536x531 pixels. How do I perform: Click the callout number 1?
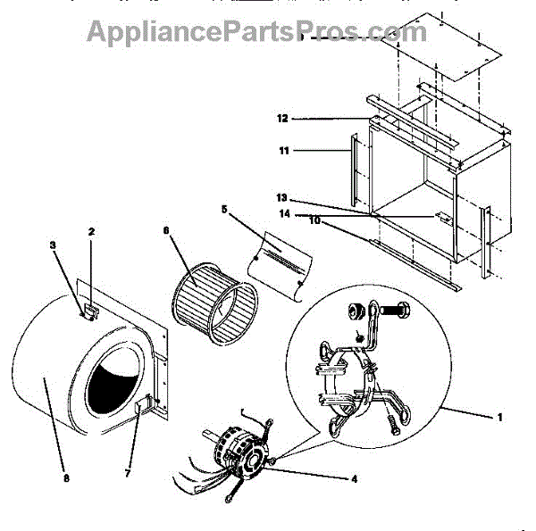(x=499, y=418)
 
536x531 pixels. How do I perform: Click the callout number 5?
(x=224, y=210)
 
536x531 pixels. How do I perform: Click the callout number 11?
(x=284, y=152)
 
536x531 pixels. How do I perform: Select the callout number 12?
(x=281, y=118)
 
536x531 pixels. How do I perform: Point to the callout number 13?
(x=281, y=198)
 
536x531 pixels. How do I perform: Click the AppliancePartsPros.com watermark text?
(x=256, y=32)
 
